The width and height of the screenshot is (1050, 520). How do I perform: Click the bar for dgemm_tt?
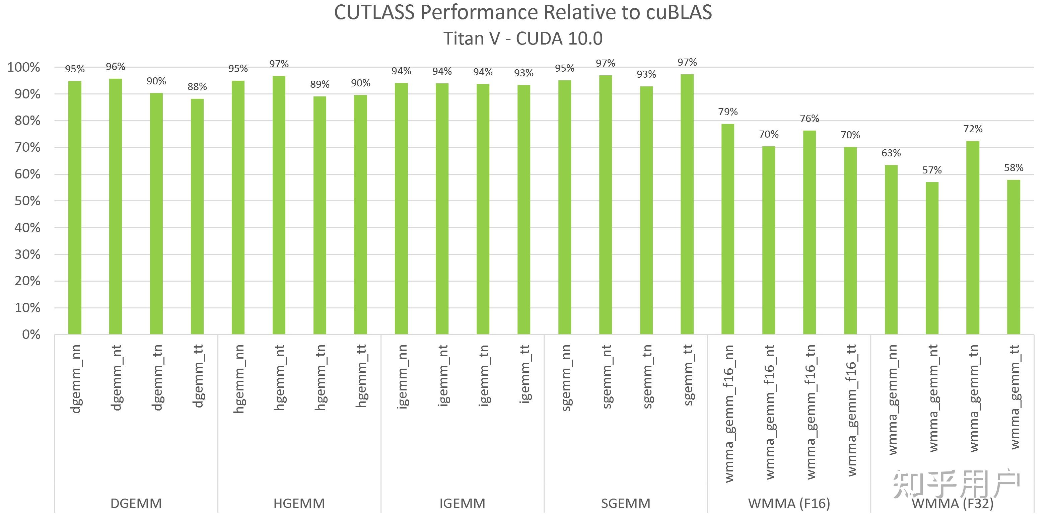click(197, 216)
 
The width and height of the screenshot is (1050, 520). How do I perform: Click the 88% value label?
click(197, 87)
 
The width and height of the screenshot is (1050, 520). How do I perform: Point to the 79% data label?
click(728, 112)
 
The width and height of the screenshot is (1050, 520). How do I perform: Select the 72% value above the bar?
click(973, 129)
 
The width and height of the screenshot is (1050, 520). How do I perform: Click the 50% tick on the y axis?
click(27, 201)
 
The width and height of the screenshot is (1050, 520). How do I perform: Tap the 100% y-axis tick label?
click(24, 67)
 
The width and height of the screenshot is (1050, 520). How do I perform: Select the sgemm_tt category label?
click(688, 375)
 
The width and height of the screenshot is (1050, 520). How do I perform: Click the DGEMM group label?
click(136, 504)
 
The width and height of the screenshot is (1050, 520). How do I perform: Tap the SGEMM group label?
click(626, 504)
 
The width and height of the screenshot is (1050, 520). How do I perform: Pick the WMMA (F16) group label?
click(789, 504)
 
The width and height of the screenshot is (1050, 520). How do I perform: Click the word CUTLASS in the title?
click(374, 13)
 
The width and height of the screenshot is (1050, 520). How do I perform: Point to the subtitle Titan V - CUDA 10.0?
click(523, 39)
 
